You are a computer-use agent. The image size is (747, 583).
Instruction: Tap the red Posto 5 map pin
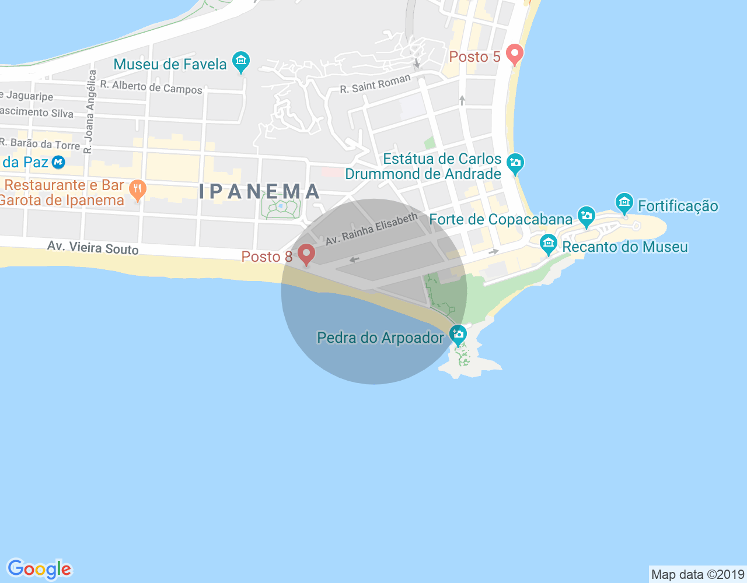click(514, 55)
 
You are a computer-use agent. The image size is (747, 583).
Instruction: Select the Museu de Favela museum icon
click(240, 61)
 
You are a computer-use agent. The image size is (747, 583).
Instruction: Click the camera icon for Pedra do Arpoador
click(458, 335)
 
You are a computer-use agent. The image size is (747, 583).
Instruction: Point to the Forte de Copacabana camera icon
click(586, 216)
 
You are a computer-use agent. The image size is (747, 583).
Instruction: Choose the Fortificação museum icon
click(624, 203)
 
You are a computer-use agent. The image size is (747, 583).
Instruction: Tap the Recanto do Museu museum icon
click(548, 244)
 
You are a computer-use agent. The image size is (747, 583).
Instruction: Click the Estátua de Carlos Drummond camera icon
click(515, 164)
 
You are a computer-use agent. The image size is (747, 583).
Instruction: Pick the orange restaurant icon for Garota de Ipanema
click(138, 189)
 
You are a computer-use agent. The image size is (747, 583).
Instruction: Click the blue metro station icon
click(58, 162)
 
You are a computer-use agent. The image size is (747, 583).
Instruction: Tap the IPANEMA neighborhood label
click(260, 191)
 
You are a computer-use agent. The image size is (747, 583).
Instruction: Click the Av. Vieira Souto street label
click(93, 248)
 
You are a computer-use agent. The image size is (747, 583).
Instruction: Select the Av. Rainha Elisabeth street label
click(372, 229)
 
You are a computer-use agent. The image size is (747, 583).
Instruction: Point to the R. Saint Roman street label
click(375, 85)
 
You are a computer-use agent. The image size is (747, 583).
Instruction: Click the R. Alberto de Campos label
click(151, 87)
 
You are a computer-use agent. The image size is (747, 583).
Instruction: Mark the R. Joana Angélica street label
click(89, 111)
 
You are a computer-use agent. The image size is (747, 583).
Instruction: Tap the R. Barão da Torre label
click(40, 143)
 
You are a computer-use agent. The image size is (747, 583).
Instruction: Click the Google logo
click(39, 569)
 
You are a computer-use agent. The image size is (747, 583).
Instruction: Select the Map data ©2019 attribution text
click(697, 574)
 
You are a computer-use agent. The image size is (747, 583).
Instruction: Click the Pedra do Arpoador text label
click(380, 338)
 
